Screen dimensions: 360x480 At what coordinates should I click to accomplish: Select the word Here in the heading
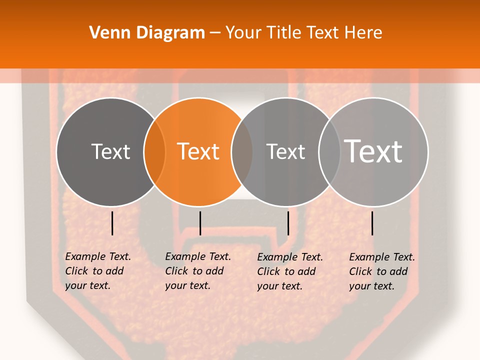click(x=363, y=32)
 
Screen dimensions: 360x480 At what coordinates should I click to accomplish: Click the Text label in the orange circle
click(x=198, y=151)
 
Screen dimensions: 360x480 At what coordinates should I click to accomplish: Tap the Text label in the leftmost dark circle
click(x=110, y=151)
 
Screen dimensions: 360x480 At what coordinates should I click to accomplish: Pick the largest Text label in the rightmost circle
click(x=373, y=151)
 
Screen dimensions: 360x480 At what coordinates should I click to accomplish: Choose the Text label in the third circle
click(x=285, y=151)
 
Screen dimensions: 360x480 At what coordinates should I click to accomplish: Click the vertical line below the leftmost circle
click(x=112, y=223)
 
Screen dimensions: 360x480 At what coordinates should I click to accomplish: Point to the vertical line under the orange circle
click(x=200, y=223)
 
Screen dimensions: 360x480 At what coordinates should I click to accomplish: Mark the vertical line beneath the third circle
click(x=288, y=223)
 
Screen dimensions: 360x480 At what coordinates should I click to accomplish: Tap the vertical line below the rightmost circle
click(x=372, y=223)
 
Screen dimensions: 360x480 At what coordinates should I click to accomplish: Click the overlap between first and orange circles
click(x=154, y=152)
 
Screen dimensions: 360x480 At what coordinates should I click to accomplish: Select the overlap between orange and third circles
click(x=242, y=152)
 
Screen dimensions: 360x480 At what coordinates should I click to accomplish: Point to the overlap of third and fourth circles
click(x=329, y=152)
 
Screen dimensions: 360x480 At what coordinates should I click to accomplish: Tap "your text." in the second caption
click(x=187, y=285)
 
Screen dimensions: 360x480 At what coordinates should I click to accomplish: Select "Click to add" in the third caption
click(x=286, y=271)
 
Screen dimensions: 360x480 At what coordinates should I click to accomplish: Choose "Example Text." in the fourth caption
click(x=382, y=257)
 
